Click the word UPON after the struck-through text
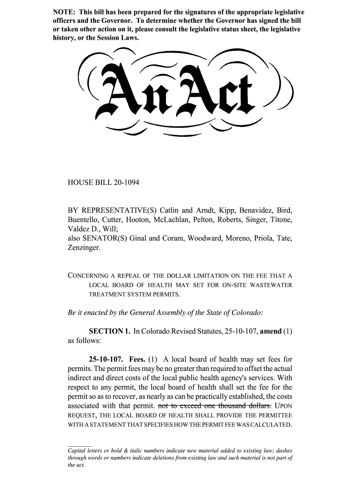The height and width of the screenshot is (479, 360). click(x=283, y=406)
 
